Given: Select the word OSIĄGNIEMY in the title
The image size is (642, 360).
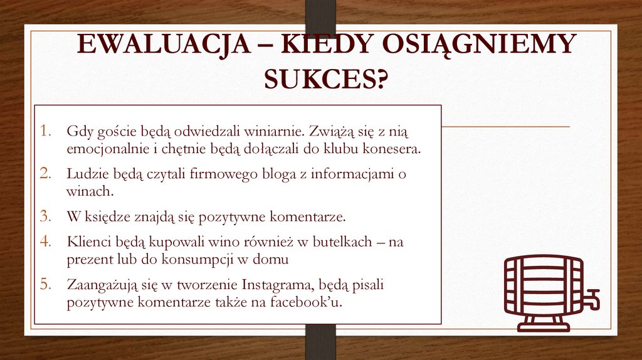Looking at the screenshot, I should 478,46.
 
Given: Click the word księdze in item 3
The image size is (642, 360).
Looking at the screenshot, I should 108,218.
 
